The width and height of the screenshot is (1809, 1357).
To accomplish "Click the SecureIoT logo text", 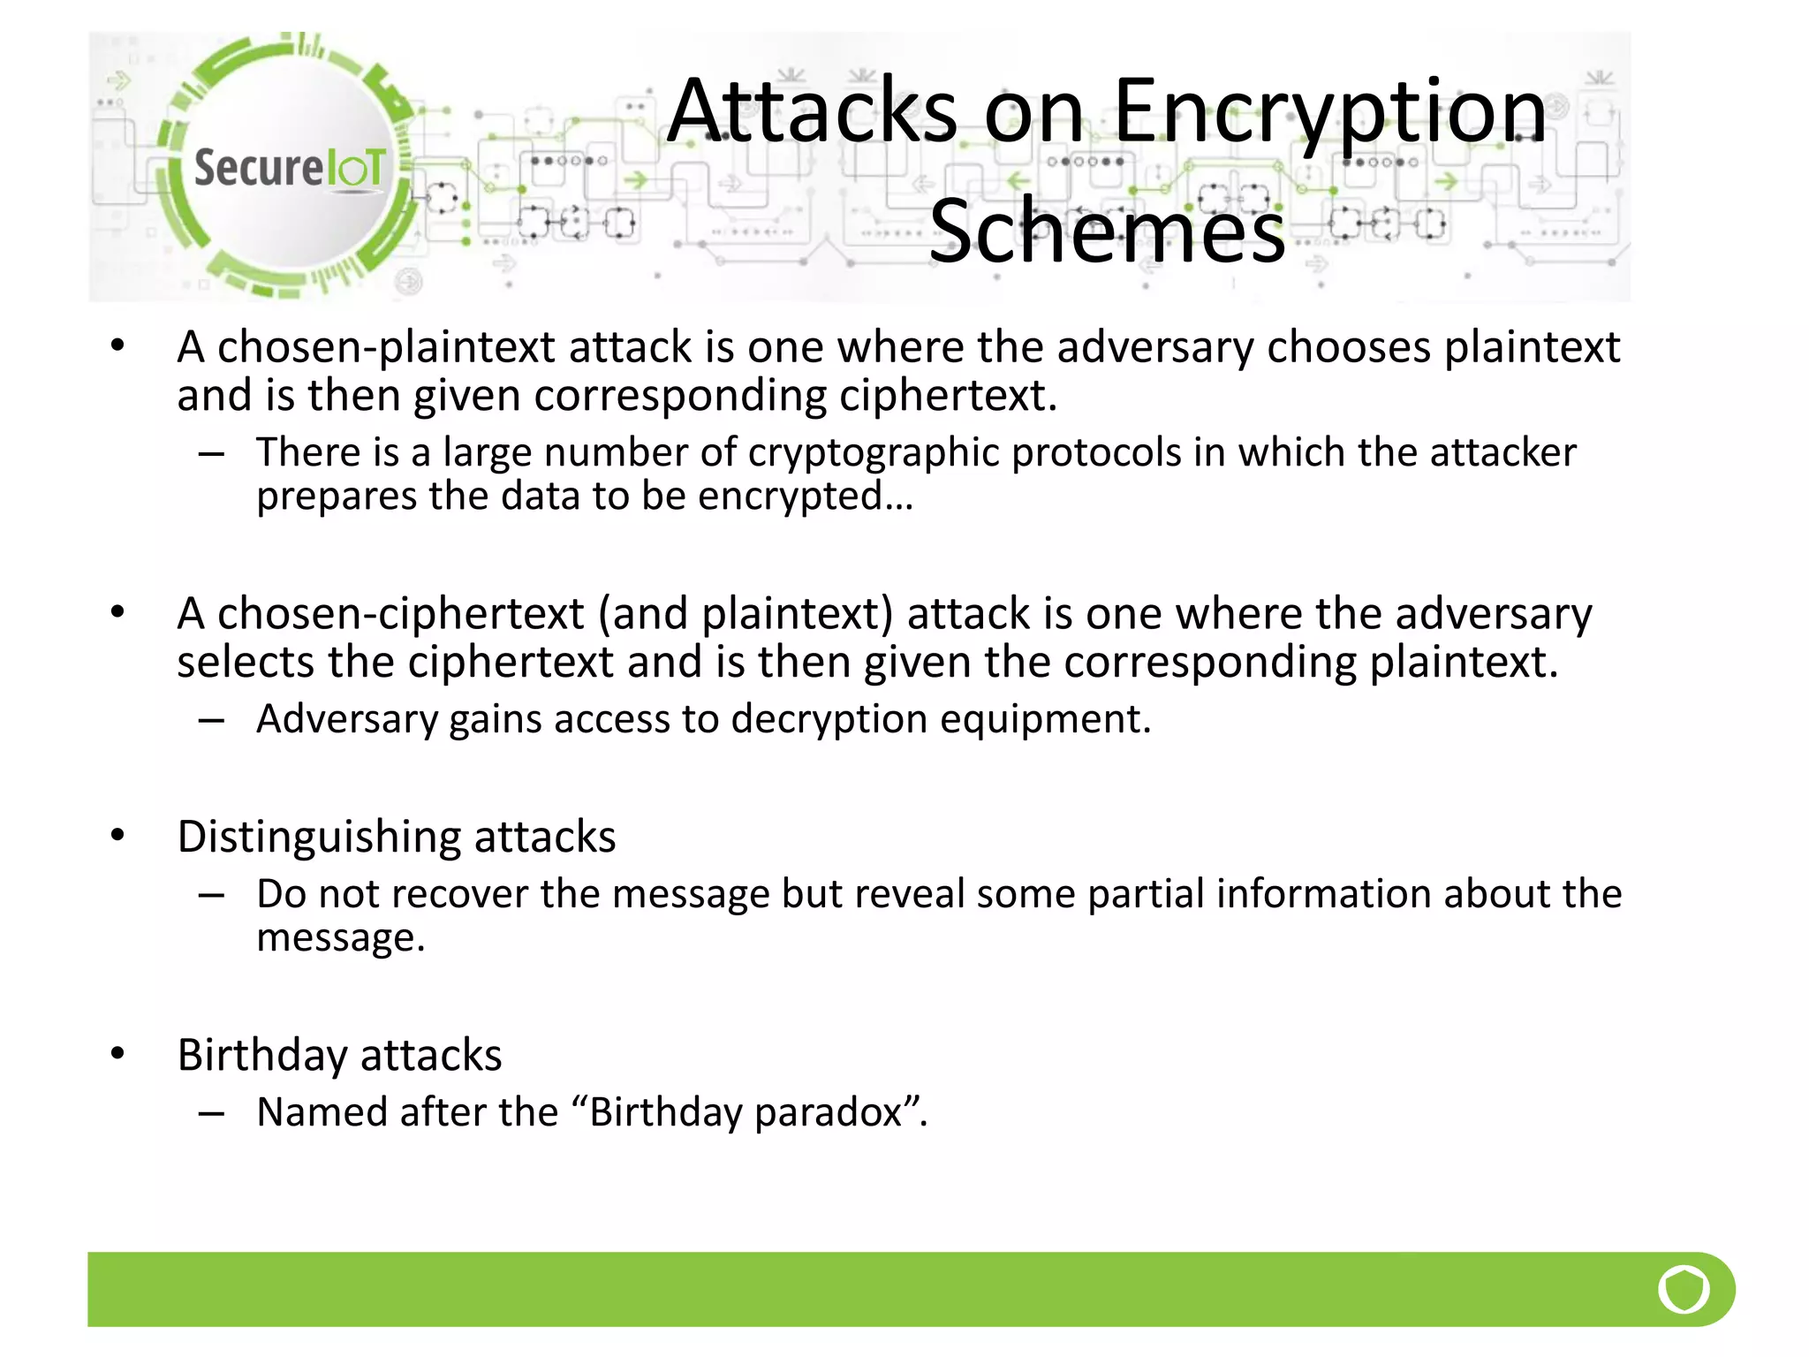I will coord(290,168).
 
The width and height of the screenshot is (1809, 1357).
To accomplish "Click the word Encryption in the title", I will coord(1329,111).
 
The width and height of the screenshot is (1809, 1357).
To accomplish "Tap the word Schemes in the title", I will coord(1107,231).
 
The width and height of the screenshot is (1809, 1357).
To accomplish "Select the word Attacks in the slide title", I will coord(812,111).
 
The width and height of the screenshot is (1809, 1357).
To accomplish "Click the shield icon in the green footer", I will coord(1684,1289).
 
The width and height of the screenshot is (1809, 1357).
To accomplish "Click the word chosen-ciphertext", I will coord(400,614).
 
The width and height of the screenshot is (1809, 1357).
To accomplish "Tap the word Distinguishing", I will coord(318,837).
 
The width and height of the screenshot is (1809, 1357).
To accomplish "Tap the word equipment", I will coord(1045,719).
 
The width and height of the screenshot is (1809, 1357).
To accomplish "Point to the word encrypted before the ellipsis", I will coord(790,497).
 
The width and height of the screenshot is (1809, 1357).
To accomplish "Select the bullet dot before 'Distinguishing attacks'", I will coord(117,835).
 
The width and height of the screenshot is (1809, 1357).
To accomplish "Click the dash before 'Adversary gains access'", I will coord(211,720).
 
